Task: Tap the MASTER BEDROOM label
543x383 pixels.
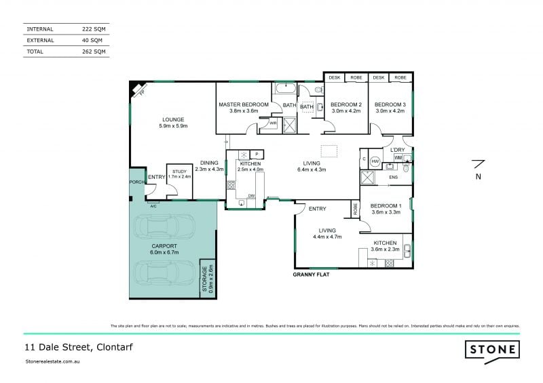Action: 244,104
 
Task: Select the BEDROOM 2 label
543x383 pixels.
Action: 346,104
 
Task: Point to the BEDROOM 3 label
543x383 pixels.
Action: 390,104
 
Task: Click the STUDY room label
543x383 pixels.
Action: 179,172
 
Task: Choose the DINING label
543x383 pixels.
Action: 209,162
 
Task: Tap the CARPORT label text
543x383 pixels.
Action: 164,245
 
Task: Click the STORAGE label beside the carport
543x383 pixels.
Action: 205,278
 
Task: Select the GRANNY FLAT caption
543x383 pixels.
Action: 312,275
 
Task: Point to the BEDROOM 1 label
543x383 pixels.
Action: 386,205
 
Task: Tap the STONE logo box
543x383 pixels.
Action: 492,350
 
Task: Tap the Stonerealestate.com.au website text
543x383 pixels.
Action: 53,362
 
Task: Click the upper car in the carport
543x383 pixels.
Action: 166,226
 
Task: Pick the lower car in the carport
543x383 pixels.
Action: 166,273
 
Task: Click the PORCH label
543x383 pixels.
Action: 136,182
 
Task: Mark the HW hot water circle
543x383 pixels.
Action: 374,161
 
